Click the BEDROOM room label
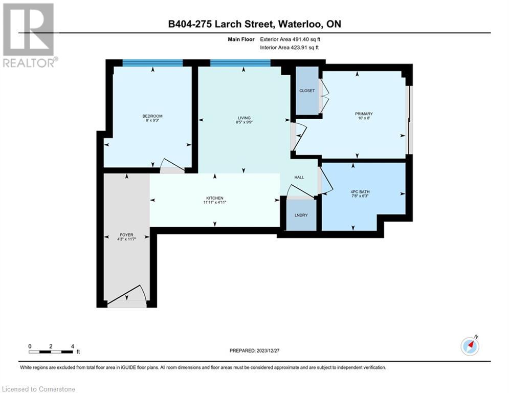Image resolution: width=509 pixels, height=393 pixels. (152, 116)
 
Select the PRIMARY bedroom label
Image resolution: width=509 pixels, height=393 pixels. (364, 114)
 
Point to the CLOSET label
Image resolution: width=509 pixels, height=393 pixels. (307, 91)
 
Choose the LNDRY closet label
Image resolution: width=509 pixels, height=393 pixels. (301, 215)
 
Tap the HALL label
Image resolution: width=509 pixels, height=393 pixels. (299, 177)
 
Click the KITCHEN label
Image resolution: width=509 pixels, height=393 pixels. (215, 199)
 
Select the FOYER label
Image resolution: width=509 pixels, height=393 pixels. (126, 235)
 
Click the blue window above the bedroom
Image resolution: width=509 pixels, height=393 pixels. (152, 63)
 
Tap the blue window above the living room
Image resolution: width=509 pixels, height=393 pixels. (240, 63)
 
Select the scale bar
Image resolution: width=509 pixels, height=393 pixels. (51, 351)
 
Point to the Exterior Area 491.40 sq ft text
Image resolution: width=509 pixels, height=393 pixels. (293, 39)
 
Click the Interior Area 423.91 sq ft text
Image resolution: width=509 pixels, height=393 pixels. (292, 48)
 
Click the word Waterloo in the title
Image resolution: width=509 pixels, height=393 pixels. (304, 24)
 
